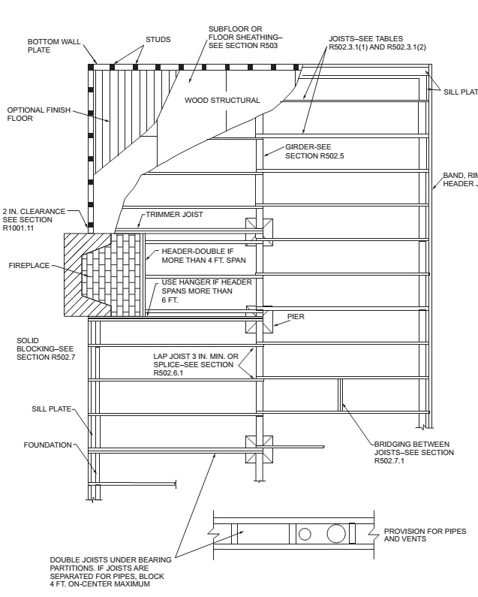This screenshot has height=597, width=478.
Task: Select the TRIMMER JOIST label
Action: (174, 214)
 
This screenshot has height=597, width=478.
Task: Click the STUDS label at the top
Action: (158, 39)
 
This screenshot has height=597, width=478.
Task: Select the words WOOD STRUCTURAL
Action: (222, 100)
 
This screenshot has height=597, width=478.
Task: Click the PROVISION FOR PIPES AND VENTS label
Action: (419, 534)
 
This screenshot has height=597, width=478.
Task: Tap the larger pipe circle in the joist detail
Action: (337, 534)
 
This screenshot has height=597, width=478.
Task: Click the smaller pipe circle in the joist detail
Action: (305, 535)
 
